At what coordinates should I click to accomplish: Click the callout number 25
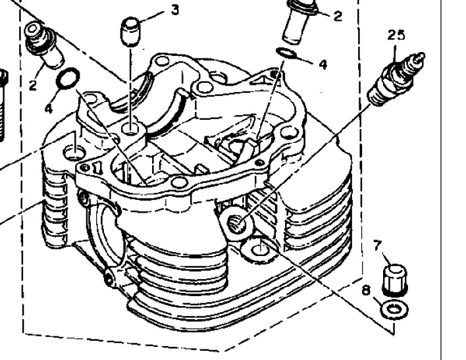click(396, 36)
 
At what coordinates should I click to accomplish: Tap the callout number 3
click(175, 10)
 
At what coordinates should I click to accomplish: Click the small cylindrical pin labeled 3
click(130, 32)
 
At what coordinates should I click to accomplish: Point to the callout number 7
click(377, 246)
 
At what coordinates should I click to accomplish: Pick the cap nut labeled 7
click(394, 280)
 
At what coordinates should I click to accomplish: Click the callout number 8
click(367, 290)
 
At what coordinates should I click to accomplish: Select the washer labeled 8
click(394, 310)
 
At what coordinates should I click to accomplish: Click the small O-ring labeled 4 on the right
click(286, 53)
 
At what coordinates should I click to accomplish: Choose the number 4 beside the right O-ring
click(323, 64)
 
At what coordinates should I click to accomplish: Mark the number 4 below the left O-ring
click(49, 108)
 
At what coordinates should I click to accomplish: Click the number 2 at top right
click(338, 16)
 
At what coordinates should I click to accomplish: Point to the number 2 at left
click(33, 85)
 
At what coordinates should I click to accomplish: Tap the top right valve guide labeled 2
click(299, 22)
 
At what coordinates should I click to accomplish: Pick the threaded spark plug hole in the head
click(237, 224)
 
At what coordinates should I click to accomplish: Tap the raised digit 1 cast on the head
click(97, 168)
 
